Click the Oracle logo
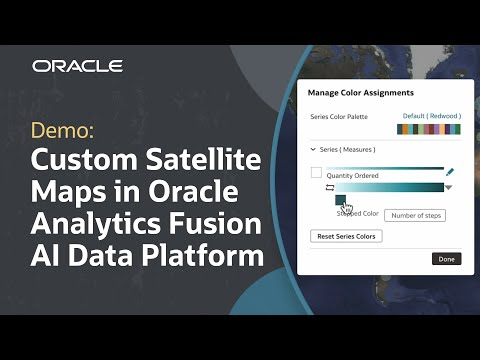tap(77, 66)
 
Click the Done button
tap(446, 258)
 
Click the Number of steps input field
tap(415, 215)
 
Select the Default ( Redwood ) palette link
tap(432, 116)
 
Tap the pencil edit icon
tap(450, 173)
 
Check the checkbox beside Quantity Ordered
tap(317, 173)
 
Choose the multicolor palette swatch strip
tap(429, 128)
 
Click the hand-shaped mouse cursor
tap(347, 207)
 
